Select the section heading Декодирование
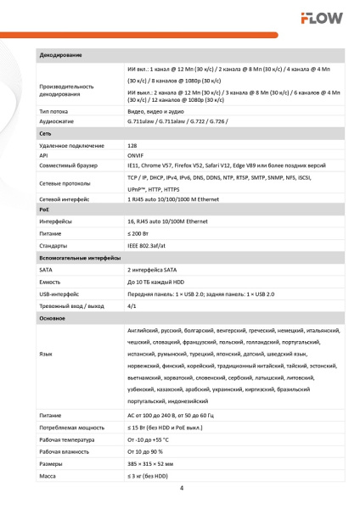click(60, 54)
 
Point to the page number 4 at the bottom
click(181, 488)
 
